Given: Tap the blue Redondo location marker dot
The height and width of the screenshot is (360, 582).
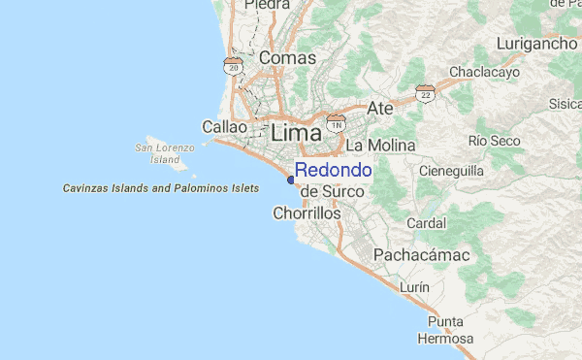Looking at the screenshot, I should coord(291,179).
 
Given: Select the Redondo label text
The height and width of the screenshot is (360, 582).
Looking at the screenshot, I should coord(333,170).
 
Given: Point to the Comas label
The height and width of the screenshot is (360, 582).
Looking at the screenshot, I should coord(287,58).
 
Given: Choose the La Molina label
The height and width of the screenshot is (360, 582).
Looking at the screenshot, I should coord(380,146).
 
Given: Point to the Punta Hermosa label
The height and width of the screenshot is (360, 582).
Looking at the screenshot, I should coord(445,330).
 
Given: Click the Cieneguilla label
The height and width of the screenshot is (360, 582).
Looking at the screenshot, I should coord(451,172).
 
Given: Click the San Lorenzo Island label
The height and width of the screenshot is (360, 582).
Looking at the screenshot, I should coord(165,152).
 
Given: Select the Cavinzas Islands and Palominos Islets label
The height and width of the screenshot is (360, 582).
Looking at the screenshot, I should coord(161,187).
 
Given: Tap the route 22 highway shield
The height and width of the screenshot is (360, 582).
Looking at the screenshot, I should coord(424,92).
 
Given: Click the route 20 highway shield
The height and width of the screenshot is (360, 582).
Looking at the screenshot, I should coord(232,65).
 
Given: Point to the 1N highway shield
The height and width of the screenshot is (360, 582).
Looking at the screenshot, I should coord(336,123).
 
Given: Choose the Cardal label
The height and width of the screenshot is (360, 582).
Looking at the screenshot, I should coord(427,222).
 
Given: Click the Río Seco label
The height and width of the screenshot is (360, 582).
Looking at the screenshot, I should coord(495,141).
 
